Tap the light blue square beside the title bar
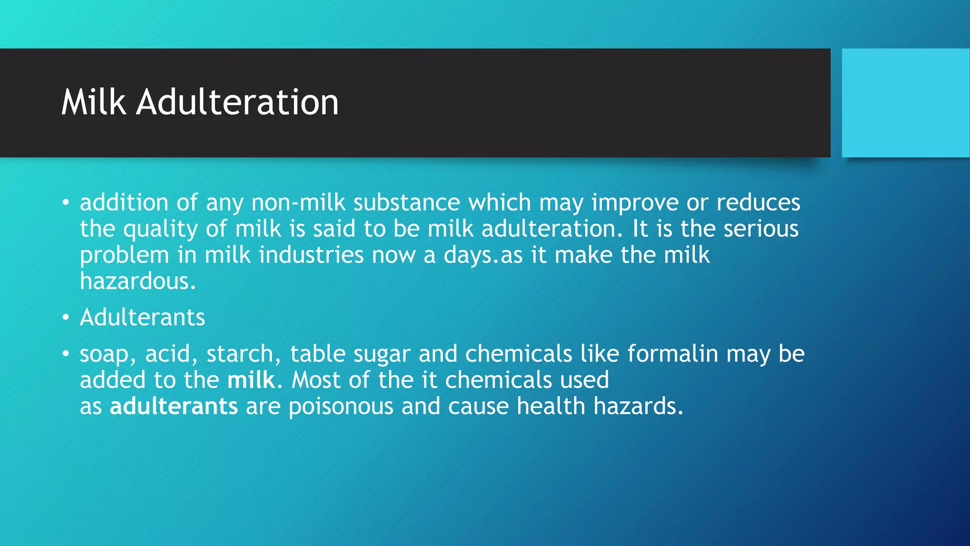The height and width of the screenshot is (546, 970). (x=905, y=103)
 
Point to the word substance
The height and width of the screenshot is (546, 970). (x=406, y=203)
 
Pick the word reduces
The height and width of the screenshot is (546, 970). (x=758, y=203)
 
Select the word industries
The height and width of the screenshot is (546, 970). (x=311, y=255)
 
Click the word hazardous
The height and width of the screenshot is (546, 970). (x=137, y=282)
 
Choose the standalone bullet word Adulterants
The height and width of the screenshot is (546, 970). (x=142, y=317)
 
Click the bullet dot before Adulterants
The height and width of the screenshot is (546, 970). (x=66, y=317)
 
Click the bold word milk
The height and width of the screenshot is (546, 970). (x=251, y=380)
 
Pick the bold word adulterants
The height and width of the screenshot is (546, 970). (x=174, y=407)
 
